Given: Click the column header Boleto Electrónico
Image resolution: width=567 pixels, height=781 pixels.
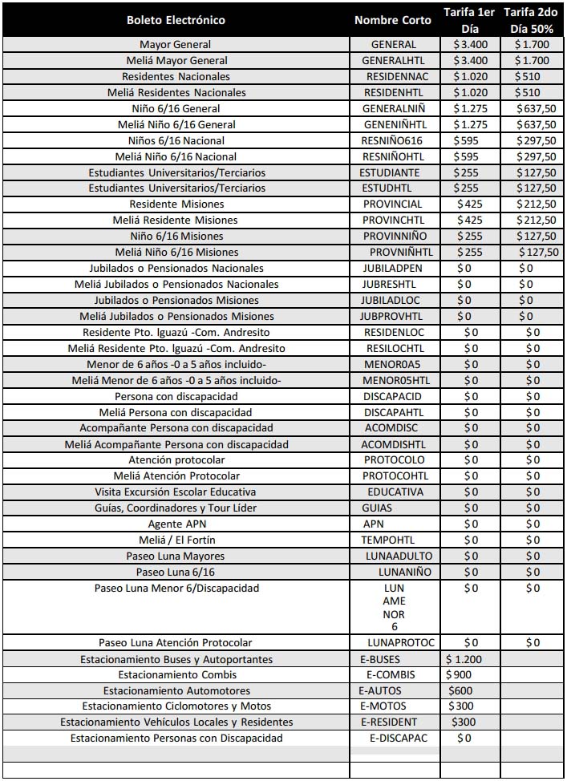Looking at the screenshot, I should point(176,20).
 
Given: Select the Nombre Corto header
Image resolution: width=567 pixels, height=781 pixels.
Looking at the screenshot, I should point(393,20).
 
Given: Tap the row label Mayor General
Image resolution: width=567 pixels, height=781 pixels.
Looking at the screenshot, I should point(176,45).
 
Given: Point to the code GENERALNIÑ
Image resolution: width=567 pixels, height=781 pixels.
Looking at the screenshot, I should point(393,109).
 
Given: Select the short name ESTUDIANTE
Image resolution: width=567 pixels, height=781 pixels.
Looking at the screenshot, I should point(390,172).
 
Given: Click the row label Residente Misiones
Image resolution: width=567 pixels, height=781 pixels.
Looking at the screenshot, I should point(176,204).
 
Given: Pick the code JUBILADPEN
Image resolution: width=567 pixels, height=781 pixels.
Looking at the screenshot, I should point(392,269).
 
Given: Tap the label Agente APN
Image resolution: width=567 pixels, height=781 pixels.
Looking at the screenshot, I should point(176,524).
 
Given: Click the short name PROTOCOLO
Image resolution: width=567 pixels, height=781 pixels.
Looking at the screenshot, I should point(394,460).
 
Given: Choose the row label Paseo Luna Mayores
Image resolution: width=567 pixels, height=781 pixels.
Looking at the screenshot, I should point(176,556).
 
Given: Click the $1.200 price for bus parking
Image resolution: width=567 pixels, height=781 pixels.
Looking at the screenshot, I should point(464,659).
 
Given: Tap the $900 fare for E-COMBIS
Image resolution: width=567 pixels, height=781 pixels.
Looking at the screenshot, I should point(460,675).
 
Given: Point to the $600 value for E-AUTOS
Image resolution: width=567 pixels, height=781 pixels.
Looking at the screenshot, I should point(461,691).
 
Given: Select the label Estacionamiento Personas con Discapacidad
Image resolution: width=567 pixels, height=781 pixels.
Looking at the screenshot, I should point(176,739).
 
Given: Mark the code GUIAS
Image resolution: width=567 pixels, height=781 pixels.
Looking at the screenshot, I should point(377,508).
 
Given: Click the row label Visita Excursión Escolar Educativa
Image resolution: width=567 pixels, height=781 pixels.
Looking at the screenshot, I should point(176,492).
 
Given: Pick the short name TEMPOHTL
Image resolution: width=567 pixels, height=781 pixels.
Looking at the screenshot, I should point(389,540).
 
